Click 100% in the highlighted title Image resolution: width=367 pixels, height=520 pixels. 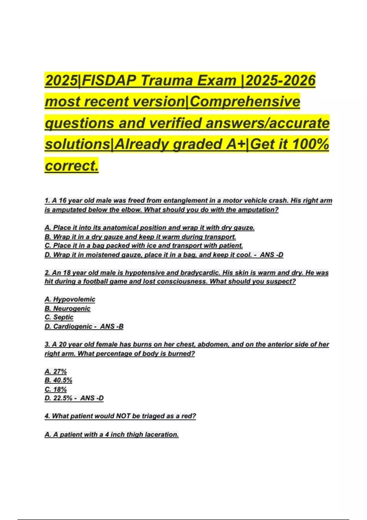[310, 144]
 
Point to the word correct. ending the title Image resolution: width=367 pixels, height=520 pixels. [72, 166]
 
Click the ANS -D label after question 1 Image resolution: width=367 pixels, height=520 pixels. [272, 255]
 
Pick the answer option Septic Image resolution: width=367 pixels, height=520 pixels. [63, 317]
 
